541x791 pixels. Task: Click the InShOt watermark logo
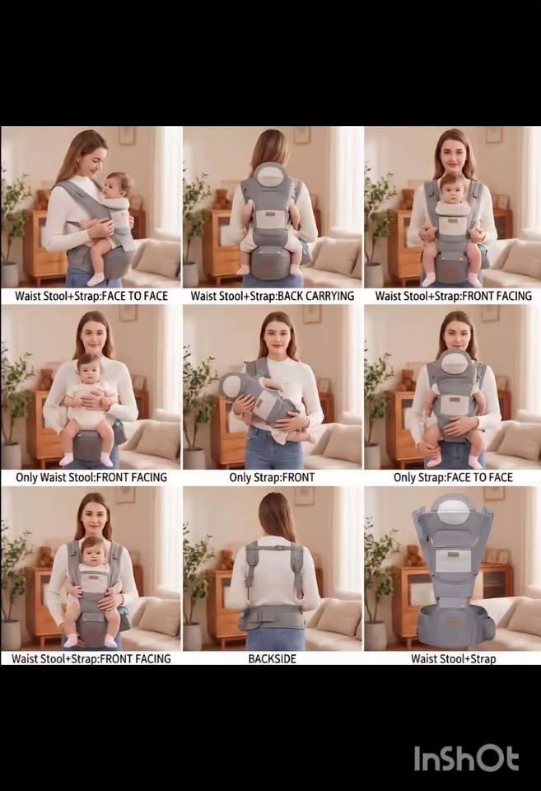[466, 758]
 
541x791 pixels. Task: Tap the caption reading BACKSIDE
[273, 659]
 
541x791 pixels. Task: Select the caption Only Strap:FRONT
[272, 477]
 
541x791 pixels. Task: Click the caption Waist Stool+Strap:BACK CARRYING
[273, 296]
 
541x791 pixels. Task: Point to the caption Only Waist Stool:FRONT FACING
[91, 477]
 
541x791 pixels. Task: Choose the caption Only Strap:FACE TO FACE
[453, 477]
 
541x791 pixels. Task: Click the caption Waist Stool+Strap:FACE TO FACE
[91, 296]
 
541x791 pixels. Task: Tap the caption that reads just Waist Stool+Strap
[453, 659]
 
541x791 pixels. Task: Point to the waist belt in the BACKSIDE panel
[273, 617]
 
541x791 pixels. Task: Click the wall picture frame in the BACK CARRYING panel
[302, 134]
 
